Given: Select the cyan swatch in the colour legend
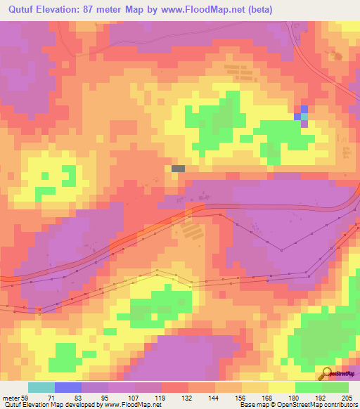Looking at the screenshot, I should point(41,387).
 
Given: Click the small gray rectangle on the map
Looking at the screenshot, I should point(179,169).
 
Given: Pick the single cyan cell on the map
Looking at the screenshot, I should point(304,116).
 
